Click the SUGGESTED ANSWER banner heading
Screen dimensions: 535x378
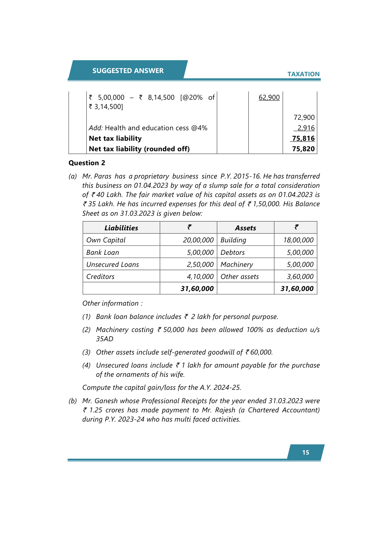[x=128, y=71]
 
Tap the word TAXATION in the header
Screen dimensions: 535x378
[x=303, y=74]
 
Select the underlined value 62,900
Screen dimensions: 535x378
[x=269, y=98]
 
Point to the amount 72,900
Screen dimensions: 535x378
[x=304, y=118]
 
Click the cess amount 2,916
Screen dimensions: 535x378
[x=306, y=128]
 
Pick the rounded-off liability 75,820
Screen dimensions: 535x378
[x=303, y=149]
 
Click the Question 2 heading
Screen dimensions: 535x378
[x=87, y=163]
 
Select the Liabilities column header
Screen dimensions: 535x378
[x=121, y=228]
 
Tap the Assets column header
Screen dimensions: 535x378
[x=245, y=228]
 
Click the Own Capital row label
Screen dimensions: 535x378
[x=106, y=240]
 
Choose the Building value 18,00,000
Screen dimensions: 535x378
[x=298, y=240]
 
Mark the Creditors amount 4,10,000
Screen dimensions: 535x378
[x=200, y=277]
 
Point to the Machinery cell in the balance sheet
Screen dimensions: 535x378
[x=237, y=265]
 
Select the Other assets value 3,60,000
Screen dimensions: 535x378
[x=300, y=277]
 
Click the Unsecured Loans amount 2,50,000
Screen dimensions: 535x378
[x=200, y=265]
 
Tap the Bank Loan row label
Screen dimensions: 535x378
[x=103, y=253]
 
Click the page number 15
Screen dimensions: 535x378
[x=306, y=452]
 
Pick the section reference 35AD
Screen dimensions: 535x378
[x=105, y=339]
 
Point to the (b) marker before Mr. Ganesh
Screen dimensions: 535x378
[x=73, y=401]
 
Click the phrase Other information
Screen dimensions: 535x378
[x=110, y=303]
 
